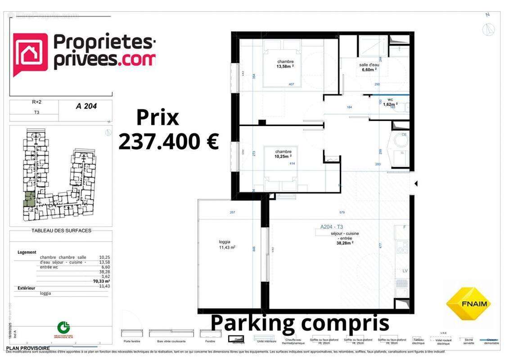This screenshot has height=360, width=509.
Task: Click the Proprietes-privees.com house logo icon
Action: [x=30, y=54]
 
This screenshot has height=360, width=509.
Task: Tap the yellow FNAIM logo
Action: [x=468, y=303]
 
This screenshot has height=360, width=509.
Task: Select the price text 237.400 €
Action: [x=168, y=141]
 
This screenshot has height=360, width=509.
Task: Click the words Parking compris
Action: [x=299, y=323]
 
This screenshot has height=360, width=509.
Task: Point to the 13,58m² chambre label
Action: [x=285, y=64]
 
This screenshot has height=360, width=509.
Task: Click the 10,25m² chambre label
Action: [x=284, y=154]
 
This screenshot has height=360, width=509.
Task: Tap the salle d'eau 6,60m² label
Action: [x=369, y=67]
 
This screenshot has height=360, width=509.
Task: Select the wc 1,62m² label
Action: [x=390, y=102]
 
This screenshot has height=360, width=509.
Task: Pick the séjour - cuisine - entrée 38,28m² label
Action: [x=345, y=238]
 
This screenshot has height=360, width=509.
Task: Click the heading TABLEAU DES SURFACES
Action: [x=61, y=231]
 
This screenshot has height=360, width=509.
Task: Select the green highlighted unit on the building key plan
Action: [x=29, y=198]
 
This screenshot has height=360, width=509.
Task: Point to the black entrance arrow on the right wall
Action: [x=416, y=184]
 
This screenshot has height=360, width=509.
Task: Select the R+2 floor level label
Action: [x=36, y=102]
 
